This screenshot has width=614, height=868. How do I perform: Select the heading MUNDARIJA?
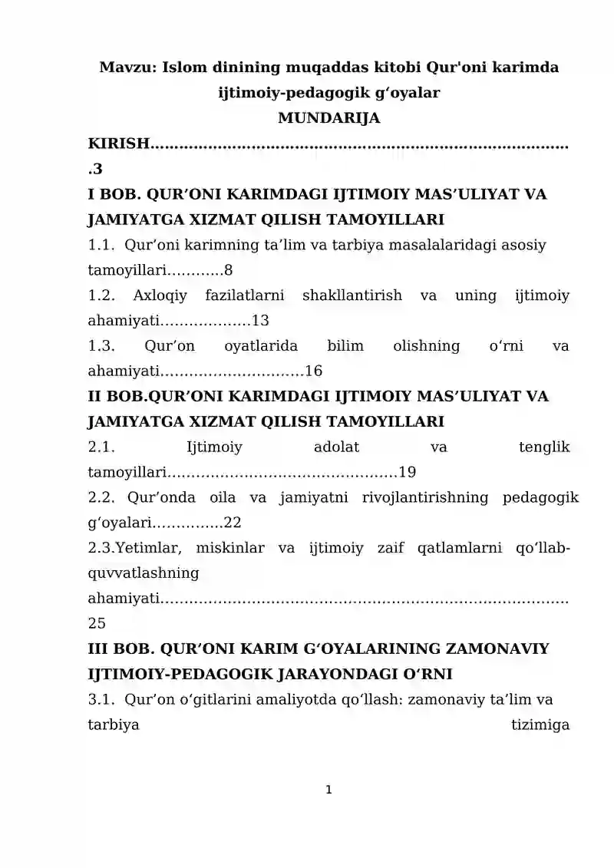(x=328, y=118)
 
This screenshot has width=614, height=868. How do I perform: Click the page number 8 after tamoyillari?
(x=228, y=270)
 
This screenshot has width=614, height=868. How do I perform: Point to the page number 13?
(x=260, y=321)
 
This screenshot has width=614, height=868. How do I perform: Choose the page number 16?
(x=313, y=371)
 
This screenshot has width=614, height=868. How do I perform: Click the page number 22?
(x=233, y=523)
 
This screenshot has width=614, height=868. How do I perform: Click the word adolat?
(x=337, y=447)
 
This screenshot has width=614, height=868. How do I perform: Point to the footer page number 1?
(x=328, y=789)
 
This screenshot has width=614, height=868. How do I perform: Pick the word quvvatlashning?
(x=144, y=573)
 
